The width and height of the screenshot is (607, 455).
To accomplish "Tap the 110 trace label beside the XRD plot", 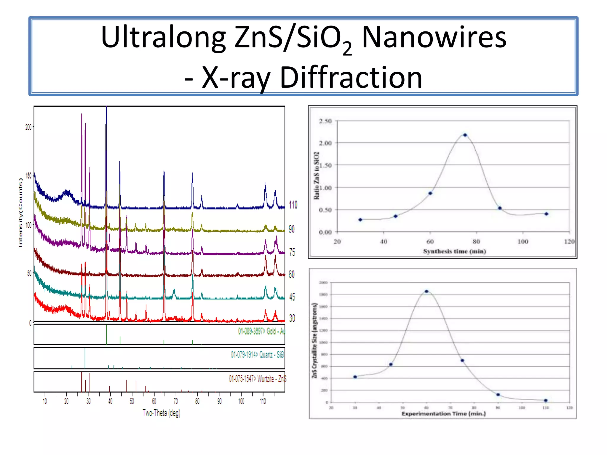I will coord(293,205).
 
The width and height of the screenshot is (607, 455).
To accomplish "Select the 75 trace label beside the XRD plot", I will coord(292,252).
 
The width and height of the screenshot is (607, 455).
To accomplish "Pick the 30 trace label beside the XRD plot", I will coord(292,318).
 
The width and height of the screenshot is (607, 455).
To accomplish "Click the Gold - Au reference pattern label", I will coord(261,331).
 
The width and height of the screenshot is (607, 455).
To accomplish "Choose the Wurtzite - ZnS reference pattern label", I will coord(257,379).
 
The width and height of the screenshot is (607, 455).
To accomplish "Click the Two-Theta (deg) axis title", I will coord(161,413).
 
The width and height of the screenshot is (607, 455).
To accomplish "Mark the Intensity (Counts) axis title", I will coord(20,213).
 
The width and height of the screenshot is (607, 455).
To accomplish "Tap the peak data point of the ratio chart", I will coord(465,135).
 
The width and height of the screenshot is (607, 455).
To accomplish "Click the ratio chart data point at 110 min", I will coord(546,214).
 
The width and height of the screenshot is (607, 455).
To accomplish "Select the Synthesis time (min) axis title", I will coord(454,251).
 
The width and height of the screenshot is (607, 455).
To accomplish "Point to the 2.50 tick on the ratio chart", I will coord(325,121).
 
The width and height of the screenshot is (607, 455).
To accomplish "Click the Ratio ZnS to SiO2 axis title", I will coord(316,176).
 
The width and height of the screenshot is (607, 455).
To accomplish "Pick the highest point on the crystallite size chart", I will coord(427,291).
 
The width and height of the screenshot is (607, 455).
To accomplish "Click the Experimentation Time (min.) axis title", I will coord(443,414).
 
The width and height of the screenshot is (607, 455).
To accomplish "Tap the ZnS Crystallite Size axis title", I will coord(314,341).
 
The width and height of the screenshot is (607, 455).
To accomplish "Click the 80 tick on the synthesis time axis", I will coord(476,242).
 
